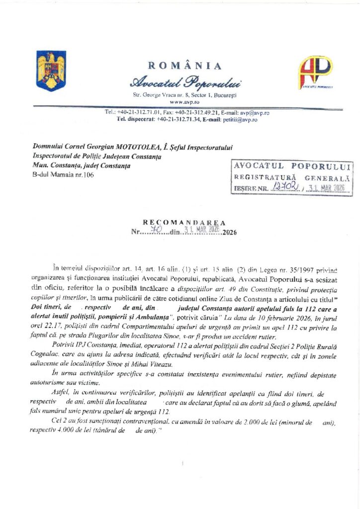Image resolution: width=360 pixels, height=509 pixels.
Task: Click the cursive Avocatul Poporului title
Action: (184, 81)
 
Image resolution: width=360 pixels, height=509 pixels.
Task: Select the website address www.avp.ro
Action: (184, 101)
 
